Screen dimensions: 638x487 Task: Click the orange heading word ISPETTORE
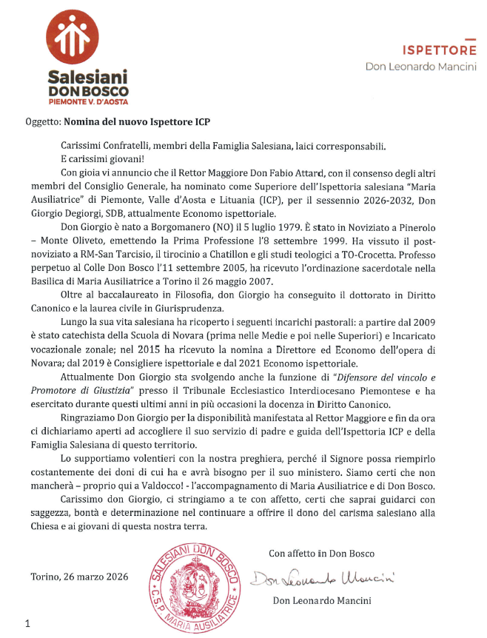pyautogui.click(x=439, y=50)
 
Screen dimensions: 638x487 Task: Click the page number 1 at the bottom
pyautogui.click(x=28, y=624)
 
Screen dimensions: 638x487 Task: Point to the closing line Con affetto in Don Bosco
pyautogui.click(x=321, y=553)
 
